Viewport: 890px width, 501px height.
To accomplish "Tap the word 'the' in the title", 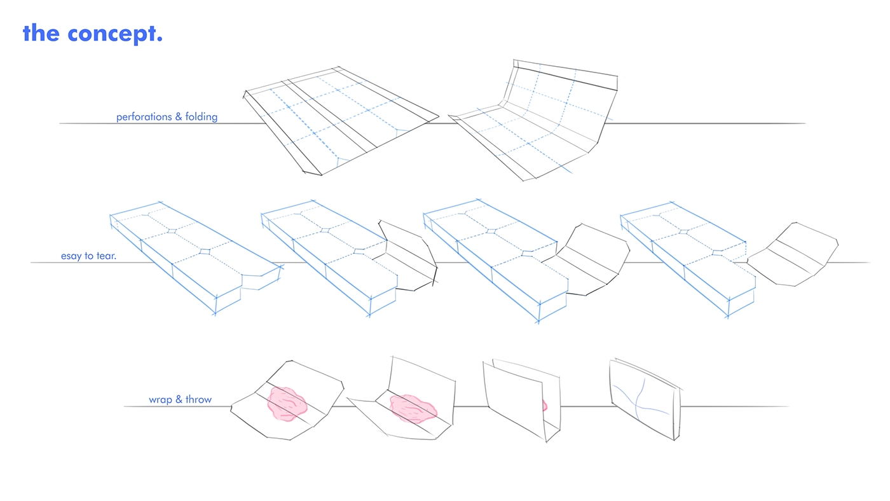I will pos(41,33).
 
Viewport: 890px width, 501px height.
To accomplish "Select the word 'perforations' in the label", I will pos(143,117).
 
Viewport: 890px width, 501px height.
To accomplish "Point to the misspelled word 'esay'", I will pos(72,256).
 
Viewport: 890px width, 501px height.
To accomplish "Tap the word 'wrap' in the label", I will pos(160,400).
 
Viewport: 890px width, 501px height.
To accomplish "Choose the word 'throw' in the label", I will pos(198,400).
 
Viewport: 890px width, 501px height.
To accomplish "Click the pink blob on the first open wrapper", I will pos(288,404).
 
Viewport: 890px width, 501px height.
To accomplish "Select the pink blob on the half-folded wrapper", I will pos(411,408).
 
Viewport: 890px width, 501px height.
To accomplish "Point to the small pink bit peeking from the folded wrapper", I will pos(545,404).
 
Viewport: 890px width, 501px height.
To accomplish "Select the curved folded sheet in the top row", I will pos(540,121).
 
